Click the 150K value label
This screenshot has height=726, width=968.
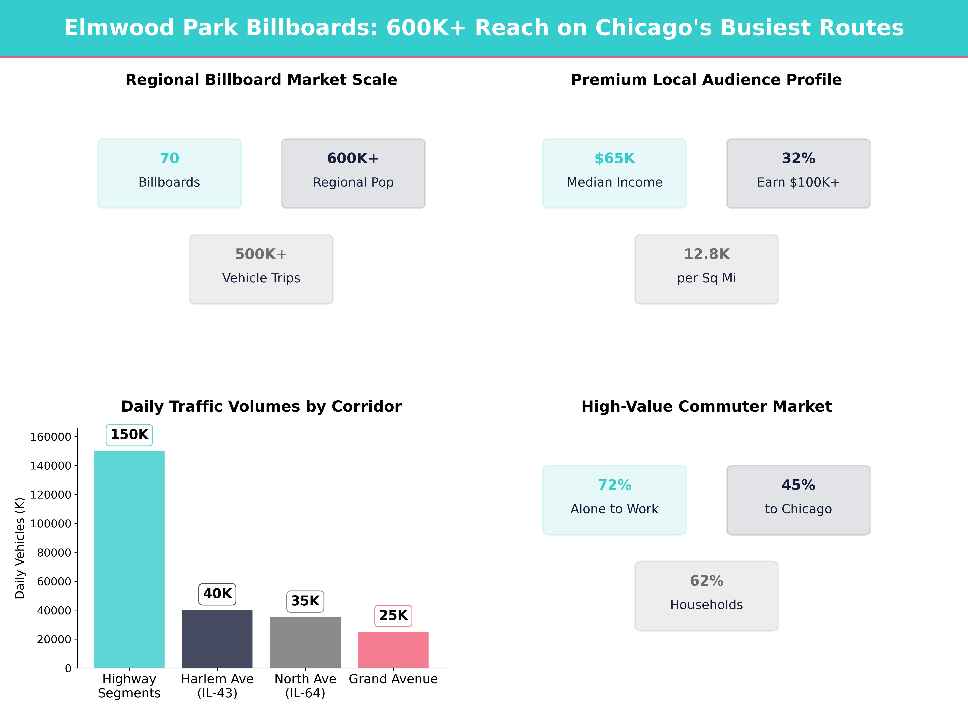pos(129,435)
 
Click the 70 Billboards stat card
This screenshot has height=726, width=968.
pos(169,173)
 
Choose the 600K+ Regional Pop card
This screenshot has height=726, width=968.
pos(353,173)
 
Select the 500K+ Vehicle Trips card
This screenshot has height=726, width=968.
pos(261,269)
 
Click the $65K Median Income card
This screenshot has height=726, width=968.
pos(614,173)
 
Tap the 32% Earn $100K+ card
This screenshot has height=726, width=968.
pos(798,173)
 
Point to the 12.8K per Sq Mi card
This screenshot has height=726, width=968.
pos(706,269)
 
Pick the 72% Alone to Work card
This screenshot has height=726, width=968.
pos(614,500)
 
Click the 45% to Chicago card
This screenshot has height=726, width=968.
pos(798,500)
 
